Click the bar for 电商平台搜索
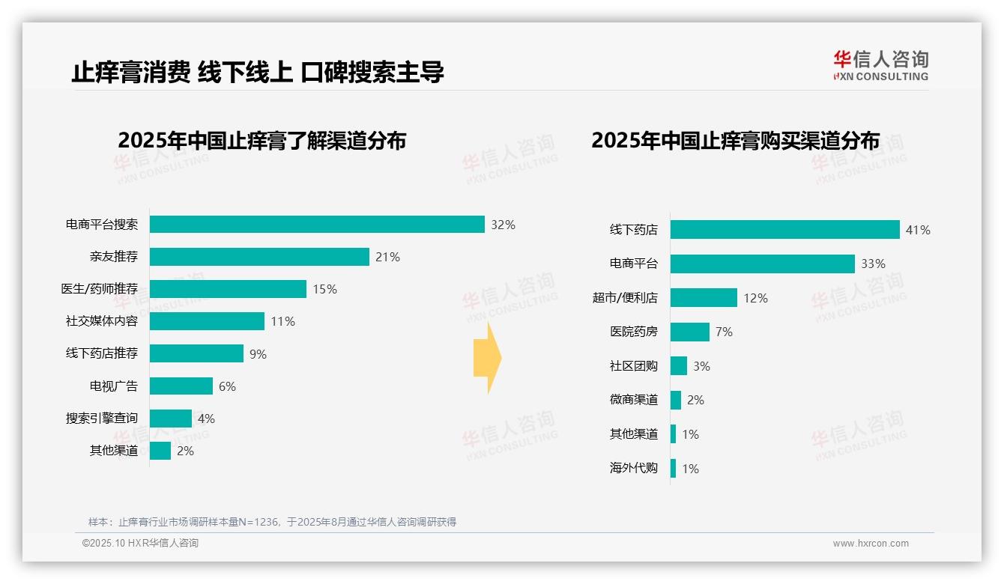[317, 225]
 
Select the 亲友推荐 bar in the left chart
[259, 257]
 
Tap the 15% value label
[324, 289]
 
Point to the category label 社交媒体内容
[102, 321]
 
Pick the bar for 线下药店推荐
[196, 353]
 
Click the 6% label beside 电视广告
[227, 386]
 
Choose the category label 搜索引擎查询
[102, 419]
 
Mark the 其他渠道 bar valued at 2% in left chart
[160, 451]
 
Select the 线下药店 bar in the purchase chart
[784, 230]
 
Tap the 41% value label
[918, 230]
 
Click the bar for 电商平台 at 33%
[762, 264]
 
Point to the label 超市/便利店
[625, 298]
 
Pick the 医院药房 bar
[689, 332]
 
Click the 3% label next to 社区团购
[701, 366]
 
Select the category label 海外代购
[633, 469]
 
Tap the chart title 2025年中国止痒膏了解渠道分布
[261, 140]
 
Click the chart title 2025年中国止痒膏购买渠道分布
[735, 140]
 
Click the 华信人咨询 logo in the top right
[880, 65]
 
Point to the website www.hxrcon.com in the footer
[871, 544]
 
